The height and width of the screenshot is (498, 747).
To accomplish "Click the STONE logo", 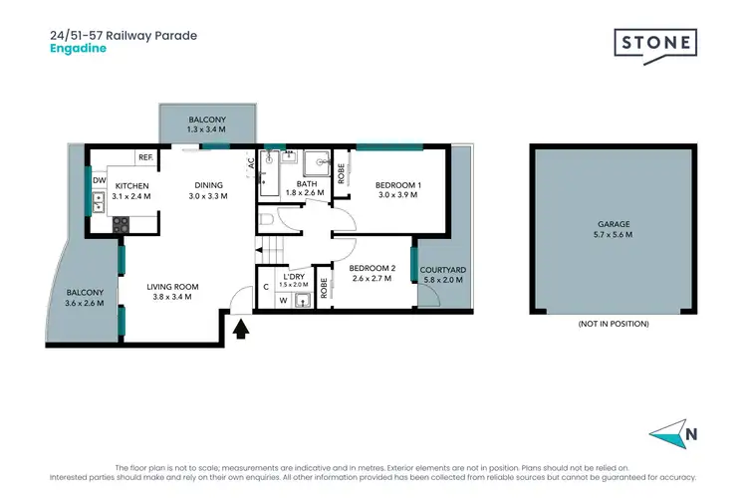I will tap(654, 45).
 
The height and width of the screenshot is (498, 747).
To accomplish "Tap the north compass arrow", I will tap(669, 434).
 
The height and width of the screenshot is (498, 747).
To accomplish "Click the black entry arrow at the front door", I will tap(240, 328).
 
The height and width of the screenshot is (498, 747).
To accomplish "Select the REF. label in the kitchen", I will tap(145, 157).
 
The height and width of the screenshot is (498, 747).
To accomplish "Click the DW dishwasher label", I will tap(99, 180).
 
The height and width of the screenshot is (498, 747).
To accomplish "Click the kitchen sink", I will tap(99, 204).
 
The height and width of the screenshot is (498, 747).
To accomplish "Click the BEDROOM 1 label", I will tap(397, 185).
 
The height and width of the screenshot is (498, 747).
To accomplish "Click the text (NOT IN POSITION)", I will tap(614, 324).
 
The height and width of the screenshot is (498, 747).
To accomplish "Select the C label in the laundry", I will tap(265, 287).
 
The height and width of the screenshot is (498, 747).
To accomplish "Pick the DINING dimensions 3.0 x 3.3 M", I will tap(208, 196).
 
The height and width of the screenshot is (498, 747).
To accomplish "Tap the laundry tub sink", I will tap(302, 297).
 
